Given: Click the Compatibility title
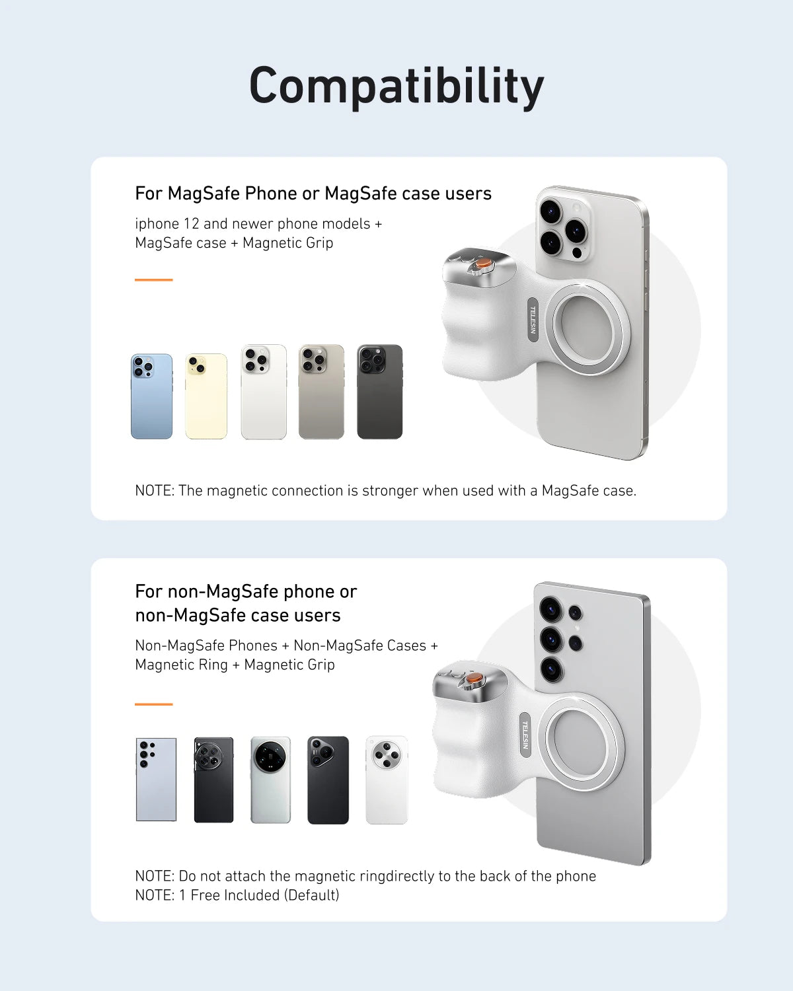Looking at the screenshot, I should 397,86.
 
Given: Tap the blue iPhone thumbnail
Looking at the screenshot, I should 151,396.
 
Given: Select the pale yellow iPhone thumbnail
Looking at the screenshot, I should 206,396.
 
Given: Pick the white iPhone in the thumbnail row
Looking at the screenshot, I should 264,392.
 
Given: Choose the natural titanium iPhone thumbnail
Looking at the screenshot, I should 321,392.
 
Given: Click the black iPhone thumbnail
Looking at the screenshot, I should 379,392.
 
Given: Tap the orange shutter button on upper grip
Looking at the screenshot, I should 484,263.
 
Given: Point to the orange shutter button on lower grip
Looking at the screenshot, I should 474,679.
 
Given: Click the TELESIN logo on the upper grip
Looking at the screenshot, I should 533,320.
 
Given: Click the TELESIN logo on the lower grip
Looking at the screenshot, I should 525,735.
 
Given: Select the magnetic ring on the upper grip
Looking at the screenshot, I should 587,327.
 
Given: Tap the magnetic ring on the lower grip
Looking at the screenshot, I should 581,741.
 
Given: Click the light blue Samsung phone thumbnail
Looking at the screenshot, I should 156,780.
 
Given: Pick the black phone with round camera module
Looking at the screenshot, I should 213,780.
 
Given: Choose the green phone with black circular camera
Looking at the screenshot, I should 270,780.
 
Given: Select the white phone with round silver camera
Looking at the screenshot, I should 387,780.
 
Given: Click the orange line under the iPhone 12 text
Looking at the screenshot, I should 153,280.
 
